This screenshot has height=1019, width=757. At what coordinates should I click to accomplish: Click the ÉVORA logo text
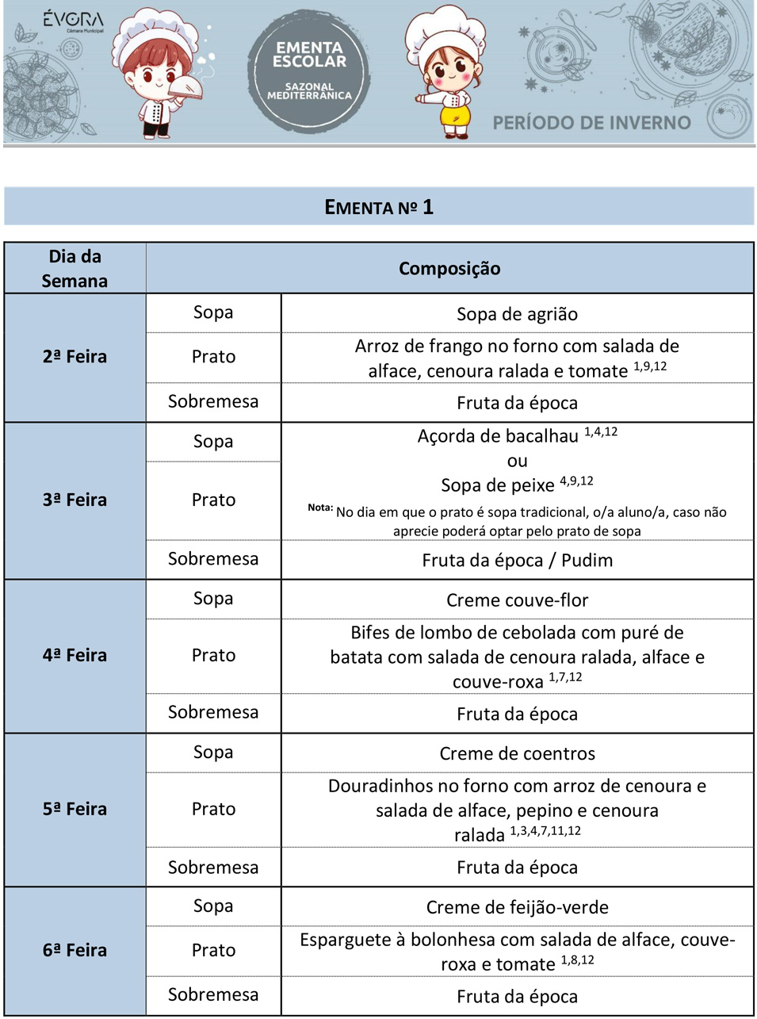(x=73, y=19)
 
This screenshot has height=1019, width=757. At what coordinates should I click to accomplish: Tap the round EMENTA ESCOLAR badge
(x=309, y=71)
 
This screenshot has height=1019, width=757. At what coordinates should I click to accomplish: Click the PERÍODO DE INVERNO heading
(x=591, y=123)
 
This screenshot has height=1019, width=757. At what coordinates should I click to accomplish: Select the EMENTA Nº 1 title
(x=379, y=208)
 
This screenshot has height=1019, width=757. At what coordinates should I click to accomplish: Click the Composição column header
(x=449, y=269)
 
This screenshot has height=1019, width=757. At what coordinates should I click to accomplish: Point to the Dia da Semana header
(x=75, y=269)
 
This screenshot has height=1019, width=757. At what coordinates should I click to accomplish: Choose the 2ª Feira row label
(x=75, y=357)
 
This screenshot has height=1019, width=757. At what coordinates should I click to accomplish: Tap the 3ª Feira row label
(x=75, y=500)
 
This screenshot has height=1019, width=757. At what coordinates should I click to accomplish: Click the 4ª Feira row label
(x=75, y=656)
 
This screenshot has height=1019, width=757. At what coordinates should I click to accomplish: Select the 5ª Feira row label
(x=75, y=810)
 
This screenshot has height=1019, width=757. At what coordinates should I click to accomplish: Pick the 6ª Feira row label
(x=75, y=951)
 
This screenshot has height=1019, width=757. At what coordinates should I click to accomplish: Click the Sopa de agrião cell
(x=517, y=315)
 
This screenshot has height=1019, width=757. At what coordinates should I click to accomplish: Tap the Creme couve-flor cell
(x=517, y=600)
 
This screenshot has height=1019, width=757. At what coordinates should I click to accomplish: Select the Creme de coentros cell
(x=517, y=754)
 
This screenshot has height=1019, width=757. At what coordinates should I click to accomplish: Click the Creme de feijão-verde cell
(x=517, y=908)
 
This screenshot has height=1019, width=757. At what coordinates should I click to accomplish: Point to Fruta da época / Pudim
(x=517, y=561)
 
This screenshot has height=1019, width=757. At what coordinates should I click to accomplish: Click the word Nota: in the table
(x=320, y=508)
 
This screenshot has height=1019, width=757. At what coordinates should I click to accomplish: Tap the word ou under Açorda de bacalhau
(x=517, y=461)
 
